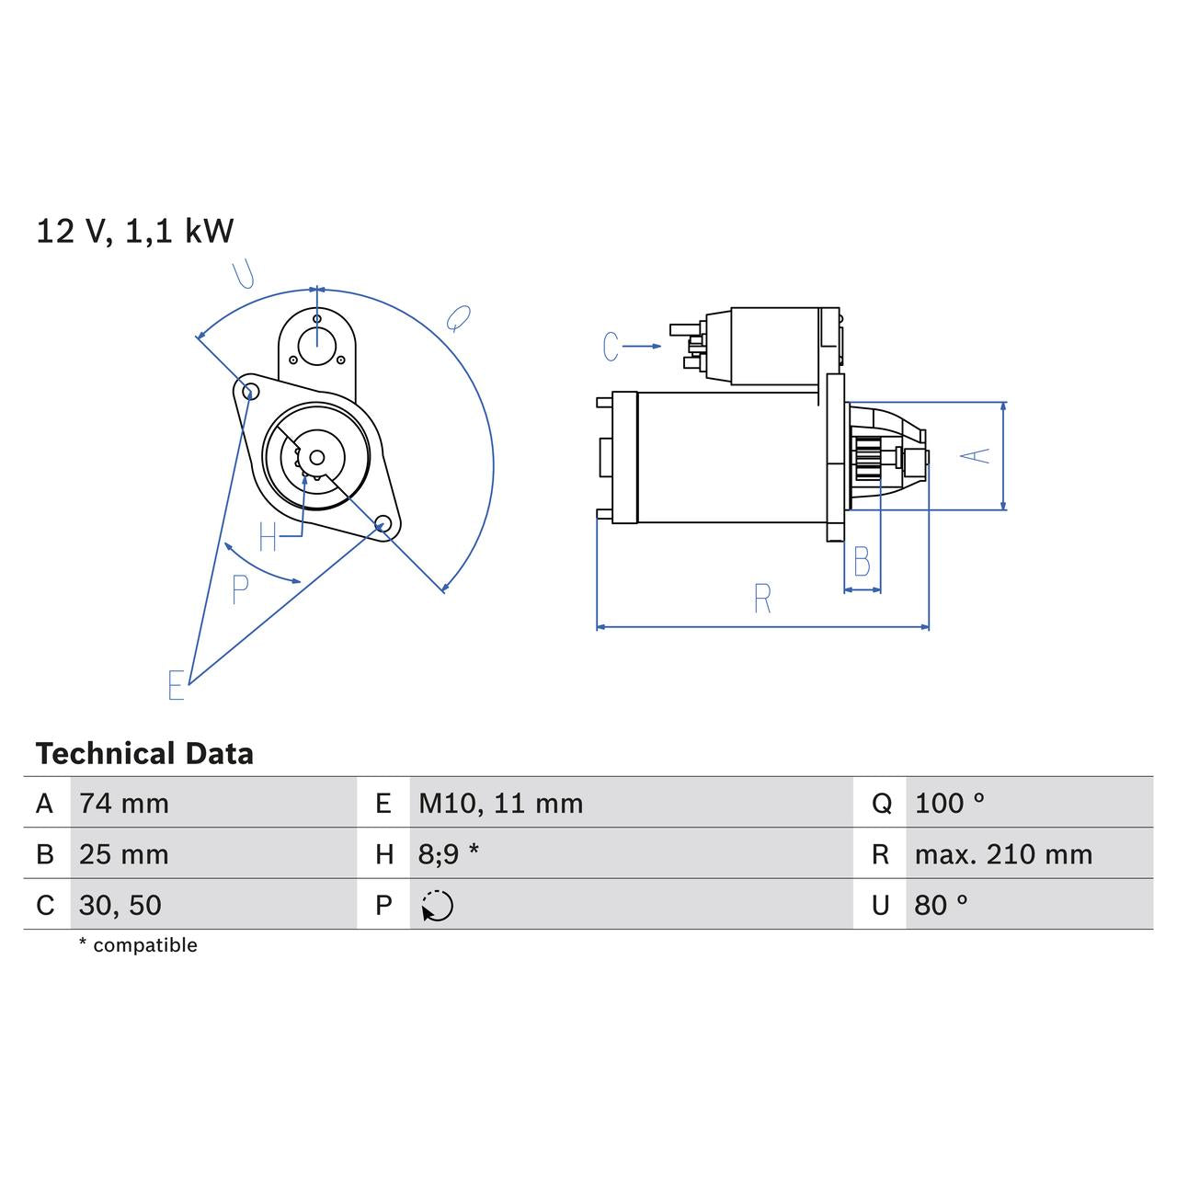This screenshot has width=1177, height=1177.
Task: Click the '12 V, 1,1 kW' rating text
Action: [x=134, y=231]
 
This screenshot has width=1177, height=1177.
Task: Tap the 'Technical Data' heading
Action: [x=144, y=754]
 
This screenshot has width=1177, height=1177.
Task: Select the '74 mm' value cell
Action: [x=124, y=804]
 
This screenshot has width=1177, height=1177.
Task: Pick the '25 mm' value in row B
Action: [x=124, y=854]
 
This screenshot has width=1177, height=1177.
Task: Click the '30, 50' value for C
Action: [x=120, y=905]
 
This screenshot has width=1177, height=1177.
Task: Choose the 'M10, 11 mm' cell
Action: [x=500, y=804]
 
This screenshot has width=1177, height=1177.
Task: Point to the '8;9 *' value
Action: [x=448, y=854]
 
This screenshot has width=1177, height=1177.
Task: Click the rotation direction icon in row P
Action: [x=438, y=906]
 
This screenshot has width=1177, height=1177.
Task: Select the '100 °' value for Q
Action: [x=949, y=804]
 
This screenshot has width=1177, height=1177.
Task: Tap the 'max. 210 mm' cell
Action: [x=1003, y=854]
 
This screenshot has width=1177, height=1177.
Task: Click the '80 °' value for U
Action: [x=941, y=905]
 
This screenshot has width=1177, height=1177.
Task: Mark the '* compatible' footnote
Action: [x=138, y=945]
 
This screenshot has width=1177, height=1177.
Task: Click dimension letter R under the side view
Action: [x=762, y=599]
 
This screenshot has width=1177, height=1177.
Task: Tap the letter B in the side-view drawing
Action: [x=862, y=561]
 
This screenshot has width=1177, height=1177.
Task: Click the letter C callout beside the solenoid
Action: [x=611, y=347]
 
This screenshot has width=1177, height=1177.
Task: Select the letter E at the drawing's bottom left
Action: [x=177, y=685]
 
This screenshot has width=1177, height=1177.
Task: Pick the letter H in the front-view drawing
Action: [x=268, y=537]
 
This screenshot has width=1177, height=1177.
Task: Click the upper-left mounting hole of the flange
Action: [x=247, y=391]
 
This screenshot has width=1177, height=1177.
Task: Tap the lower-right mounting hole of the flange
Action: [x=383, y=525]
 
